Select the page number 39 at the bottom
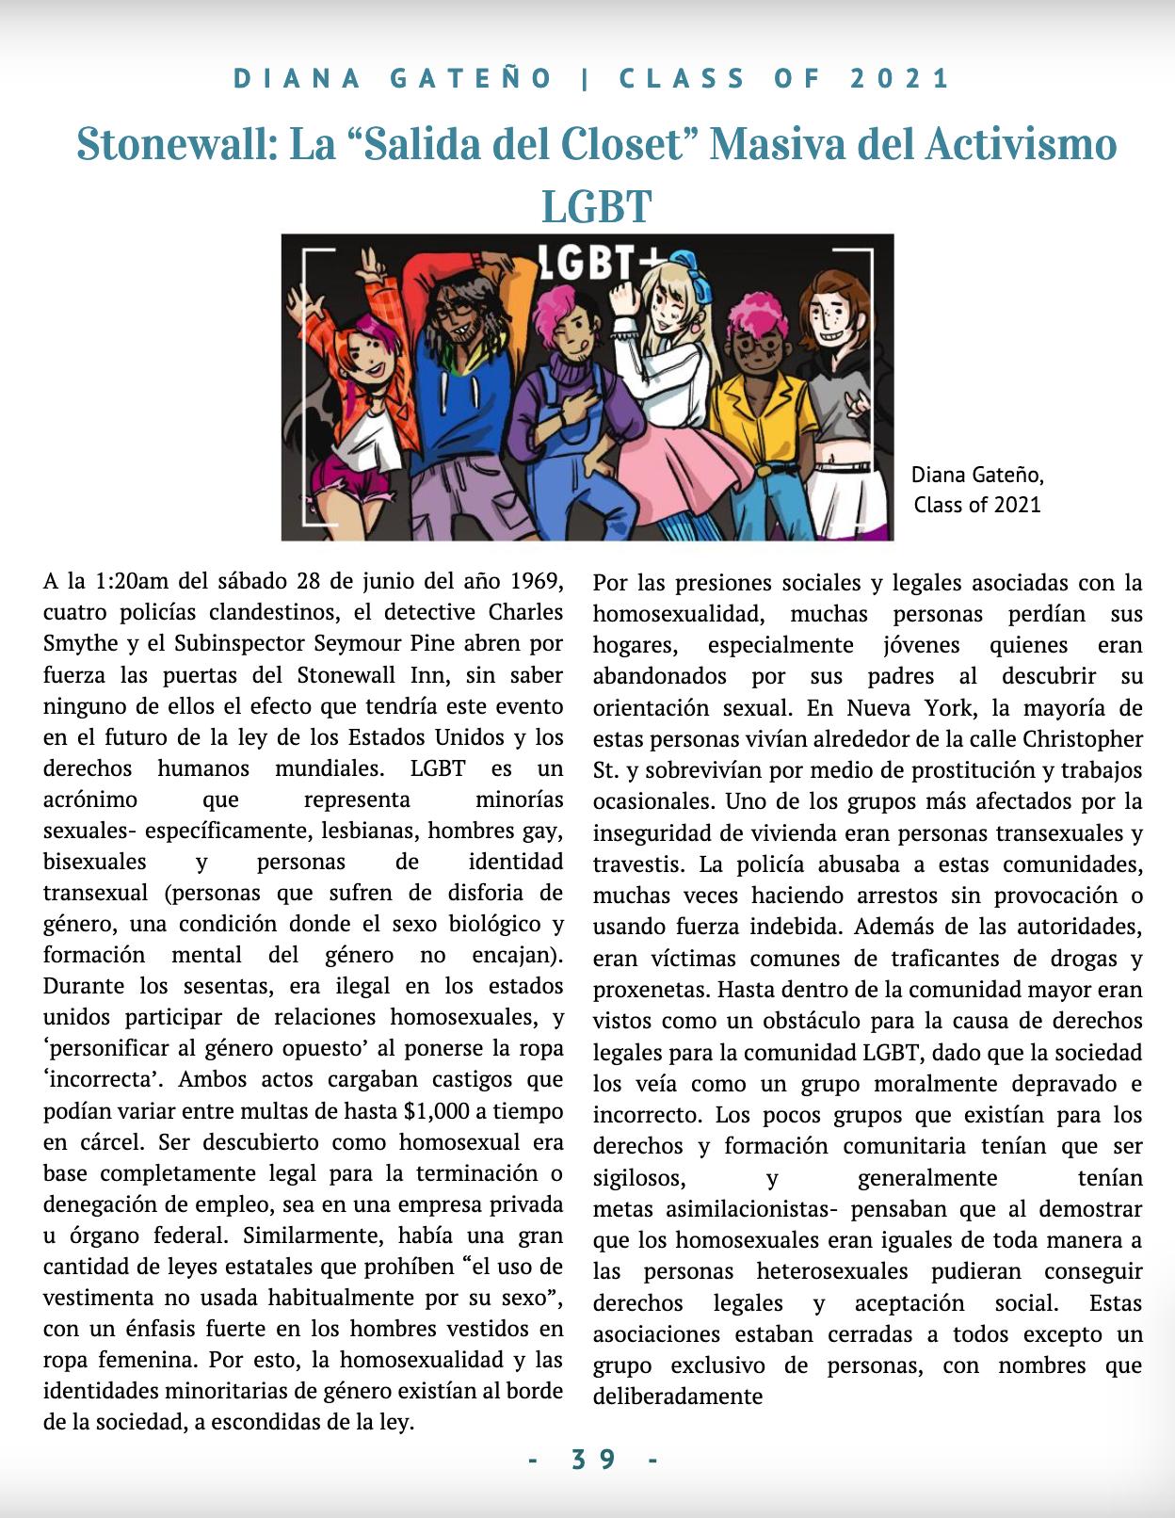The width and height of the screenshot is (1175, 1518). [x=593, y=1460]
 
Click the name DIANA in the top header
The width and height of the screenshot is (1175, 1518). [x=298, y=79]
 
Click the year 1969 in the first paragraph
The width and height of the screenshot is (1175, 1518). [x=537, y=581]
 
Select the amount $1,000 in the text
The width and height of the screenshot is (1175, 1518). [x=436, y=1111]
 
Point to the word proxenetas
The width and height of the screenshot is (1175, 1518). [x=650, y=990]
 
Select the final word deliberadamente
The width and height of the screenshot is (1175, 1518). [x=677, y=1397]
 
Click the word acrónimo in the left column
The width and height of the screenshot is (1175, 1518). [x=90, y=799]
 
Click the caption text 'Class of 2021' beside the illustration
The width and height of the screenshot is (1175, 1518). [x=977, y=505]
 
